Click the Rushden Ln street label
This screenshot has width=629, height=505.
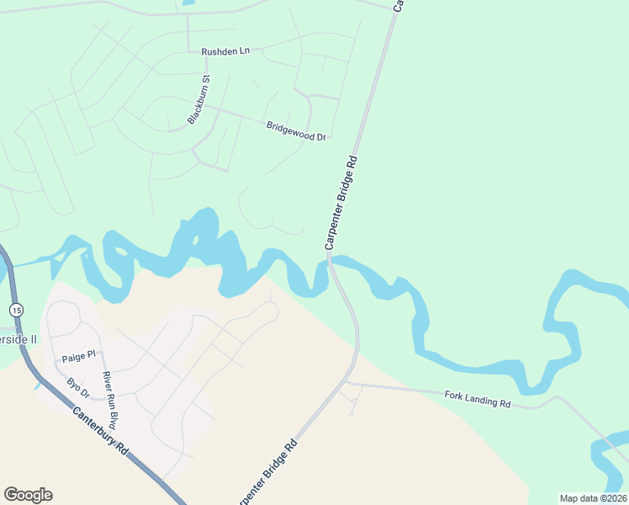(225, 51)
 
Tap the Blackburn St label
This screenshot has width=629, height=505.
(198, 100)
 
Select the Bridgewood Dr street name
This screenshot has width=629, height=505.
(296, 131)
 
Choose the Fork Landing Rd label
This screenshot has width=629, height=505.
(478, 398)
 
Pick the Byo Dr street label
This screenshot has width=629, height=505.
(78, 388)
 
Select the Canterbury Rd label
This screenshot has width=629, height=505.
(100, 431)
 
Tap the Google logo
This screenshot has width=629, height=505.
(28, 494)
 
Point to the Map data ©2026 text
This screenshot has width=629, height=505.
(593, 498)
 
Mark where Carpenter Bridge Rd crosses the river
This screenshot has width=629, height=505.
(330, 263)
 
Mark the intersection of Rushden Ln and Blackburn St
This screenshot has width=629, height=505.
(188, 50)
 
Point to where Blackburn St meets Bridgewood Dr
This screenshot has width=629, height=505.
(209, 108)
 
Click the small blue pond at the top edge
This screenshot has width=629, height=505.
(188, 3)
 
